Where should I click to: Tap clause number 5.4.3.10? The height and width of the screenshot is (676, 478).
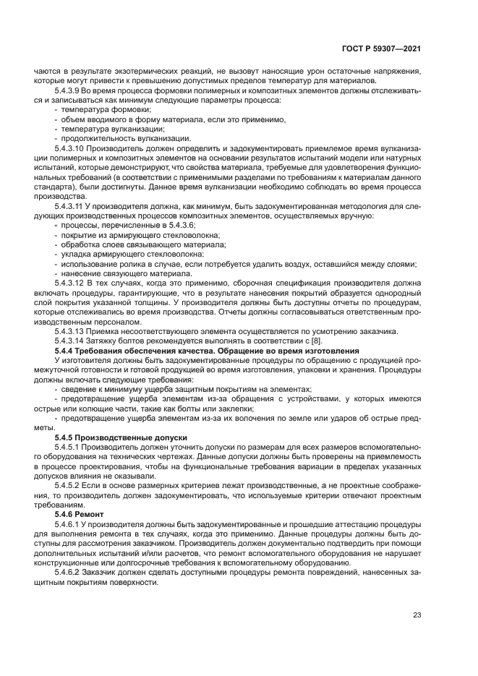coord(73,147)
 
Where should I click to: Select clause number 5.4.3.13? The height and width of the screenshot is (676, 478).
coord(73,332)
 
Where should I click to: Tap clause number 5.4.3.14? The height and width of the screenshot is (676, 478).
coord(73,341)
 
